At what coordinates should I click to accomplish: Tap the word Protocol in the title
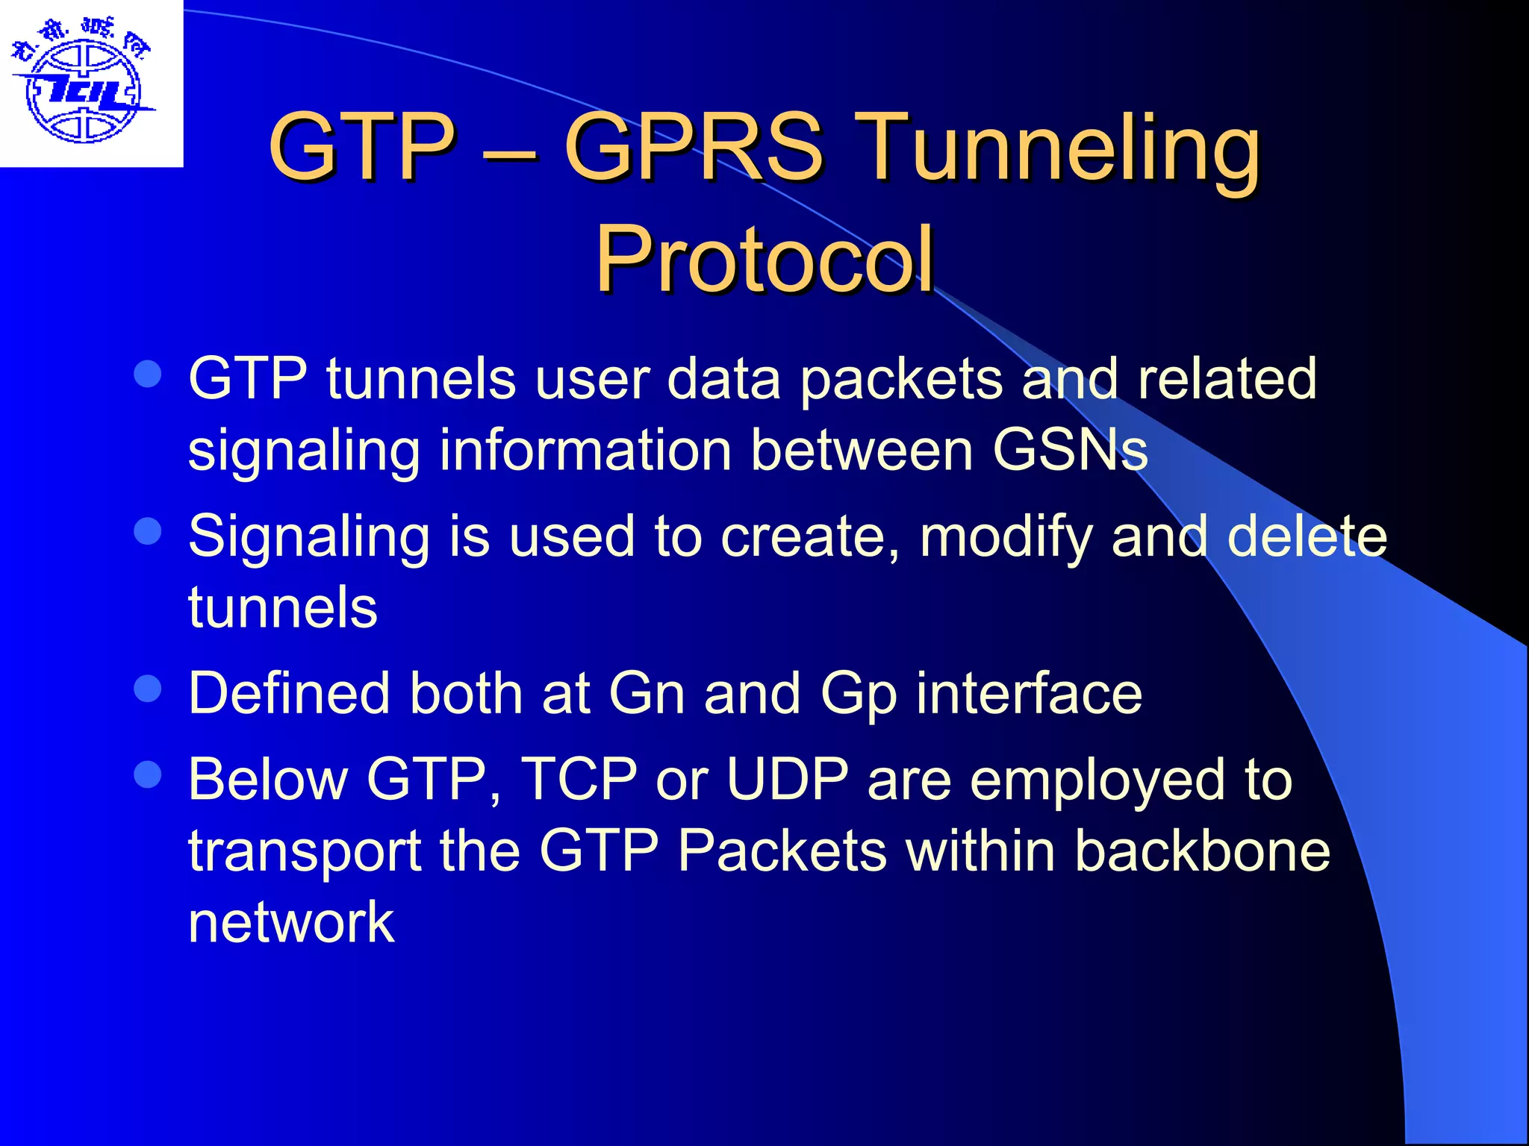click(x=764, y=259)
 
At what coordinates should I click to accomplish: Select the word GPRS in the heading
click(x=694, y=147)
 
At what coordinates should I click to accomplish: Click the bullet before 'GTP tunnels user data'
click(x=148, y=374)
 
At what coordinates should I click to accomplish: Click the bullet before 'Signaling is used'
click(x=148, y=531)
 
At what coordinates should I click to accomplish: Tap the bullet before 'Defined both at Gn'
click(x=148, y=689)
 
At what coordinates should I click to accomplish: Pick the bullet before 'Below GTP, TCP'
click(x=148, y=774)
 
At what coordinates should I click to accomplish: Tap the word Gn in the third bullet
click(x=647, y=694)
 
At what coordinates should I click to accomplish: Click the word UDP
click(x=788, y=780)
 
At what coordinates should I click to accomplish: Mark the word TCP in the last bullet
click(x=579, y=780)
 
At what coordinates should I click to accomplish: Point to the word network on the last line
click(x=291, y=922)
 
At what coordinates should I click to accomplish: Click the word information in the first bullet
click(x=585, y=450)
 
